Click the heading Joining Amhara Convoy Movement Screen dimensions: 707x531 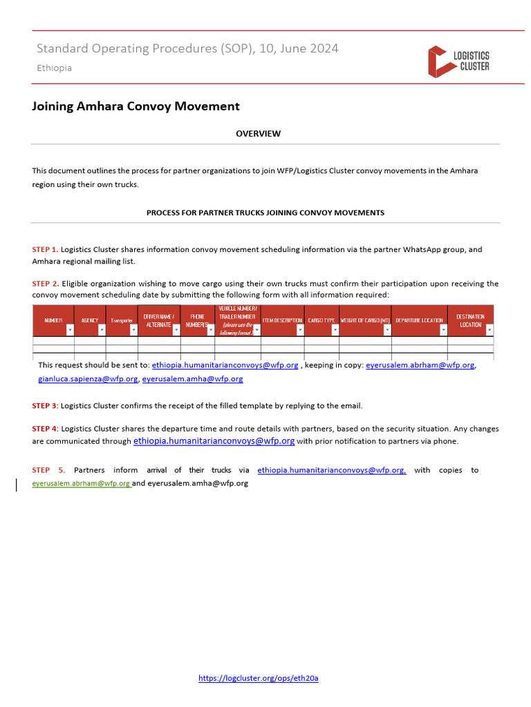[x=136, y=106]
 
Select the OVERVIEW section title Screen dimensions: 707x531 [x=258, y=134]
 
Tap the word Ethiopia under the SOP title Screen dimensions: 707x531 [x=54, y=68]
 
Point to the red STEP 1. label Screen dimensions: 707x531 [x=45, y=249]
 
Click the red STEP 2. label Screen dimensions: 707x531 [x=45, y=284]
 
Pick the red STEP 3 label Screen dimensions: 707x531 [x=45, y=406]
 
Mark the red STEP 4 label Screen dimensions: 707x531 [x=45, y=429]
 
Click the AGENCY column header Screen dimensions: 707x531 [x=90, y=321]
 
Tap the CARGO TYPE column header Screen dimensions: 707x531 [x=321, y=321]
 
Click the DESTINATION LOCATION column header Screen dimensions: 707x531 [x=470, y=320]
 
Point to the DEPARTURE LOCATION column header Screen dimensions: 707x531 [x=419, y=321]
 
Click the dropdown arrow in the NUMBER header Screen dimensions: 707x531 [x=69, y=331]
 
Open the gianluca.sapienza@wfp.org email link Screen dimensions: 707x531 [x=88, y=379]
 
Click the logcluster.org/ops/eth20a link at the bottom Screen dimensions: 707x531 [x=259, y=679]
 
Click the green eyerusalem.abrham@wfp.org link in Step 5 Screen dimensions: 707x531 [x=82, y=484]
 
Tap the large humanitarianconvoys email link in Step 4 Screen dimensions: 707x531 [x=214, y=440]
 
